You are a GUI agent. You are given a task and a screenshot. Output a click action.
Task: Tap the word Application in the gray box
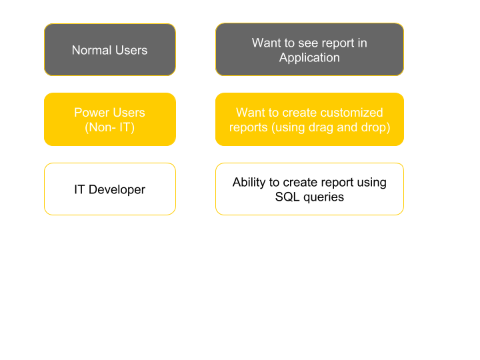(309, 58)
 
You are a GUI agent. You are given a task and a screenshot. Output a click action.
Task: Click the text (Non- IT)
(109, 127)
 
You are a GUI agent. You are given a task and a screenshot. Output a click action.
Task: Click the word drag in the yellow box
(321, 127)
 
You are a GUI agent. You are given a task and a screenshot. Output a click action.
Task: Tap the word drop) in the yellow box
(375, 127)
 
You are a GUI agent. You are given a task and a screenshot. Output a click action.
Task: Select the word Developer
(117, 190)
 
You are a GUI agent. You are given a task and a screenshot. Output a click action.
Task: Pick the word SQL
(287, 197)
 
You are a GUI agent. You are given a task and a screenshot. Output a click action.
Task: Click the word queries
(323, 197)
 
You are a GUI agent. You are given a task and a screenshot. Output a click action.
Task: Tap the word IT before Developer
(79, 189)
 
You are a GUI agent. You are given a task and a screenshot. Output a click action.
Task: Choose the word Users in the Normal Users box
(132, 50)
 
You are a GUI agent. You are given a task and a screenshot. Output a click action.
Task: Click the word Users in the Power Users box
(127, 113)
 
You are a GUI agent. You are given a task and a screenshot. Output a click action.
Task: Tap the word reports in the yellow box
(249, 127)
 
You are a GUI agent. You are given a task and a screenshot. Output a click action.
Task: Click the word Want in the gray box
(265, 43)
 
